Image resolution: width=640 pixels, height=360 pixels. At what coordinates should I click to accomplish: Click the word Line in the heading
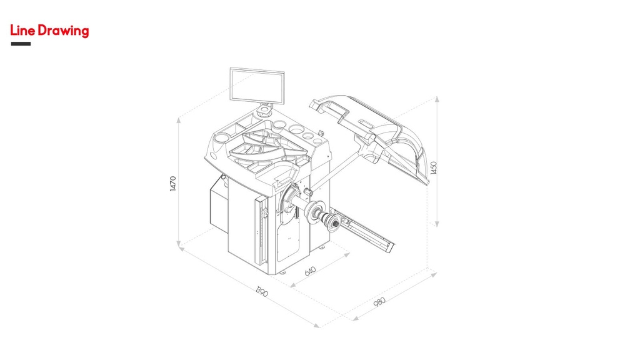(23, 31)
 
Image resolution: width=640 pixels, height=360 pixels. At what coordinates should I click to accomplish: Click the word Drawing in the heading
(63, 31)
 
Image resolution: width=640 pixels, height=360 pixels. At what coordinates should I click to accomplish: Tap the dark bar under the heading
(21, 44)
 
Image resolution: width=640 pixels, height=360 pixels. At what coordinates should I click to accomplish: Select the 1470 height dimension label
(173, 184)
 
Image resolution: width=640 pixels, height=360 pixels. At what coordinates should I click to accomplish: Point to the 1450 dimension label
(434, 167)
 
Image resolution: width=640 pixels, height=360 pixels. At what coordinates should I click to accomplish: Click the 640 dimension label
(311, 271)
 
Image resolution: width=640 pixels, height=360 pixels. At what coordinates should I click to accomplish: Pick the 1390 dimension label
(262, 291)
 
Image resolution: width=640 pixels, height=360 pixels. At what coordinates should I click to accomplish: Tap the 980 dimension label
(379, 302)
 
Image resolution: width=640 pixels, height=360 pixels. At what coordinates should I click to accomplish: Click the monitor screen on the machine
(257, 85)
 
